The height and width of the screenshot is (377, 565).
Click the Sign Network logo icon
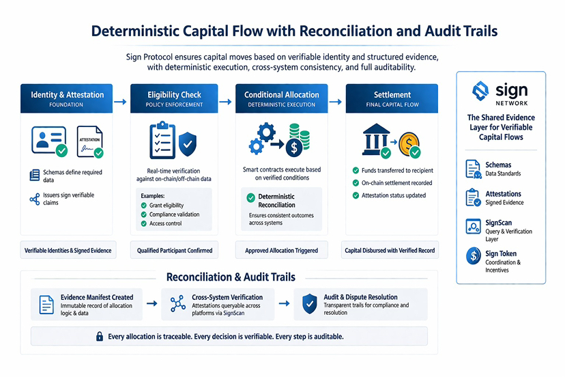click(x=480, y=91)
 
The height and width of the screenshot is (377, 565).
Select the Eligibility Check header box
click(x=173, y=98)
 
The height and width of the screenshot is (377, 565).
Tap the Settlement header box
click(x=392, y=98)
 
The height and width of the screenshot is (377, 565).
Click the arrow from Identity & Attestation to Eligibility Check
click(x=120, y=102)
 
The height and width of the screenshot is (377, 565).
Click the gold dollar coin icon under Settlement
click(x=409, y=142)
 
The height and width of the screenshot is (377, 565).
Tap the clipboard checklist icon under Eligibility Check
click(x=162, y=139)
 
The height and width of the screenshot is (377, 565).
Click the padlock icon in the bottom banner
click(x=100, y=336)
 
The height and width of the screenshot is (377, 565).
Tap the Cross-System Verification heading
click(x=228, y=297)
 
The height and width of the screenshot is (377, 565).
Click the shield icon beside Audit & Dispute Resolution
click(x=309, y=303)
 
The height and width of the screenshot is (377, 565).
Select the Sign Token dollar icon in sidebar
click(x=473, y=256)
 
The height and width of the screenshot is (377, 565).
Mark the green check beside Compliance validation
click(x=143, y=214)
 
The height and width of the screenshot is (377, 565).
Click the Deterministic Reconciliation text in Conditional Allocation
click(x=276, y=200)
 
